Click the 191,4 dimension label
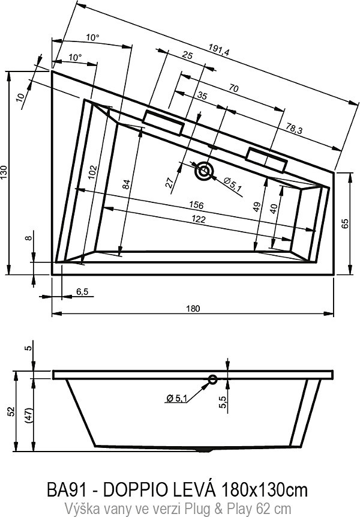[219, 50]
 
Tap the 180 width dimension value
[193, 309]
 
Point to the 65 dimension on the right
[345, 223]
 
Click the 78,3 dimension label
[294, 129]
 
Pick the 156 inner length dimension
[196, 205]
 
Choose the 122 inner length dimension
[199, 219]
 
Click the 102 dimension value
[94, 172]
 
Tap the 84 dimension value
[127, 184]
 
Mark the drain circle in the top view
[204, 171]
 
